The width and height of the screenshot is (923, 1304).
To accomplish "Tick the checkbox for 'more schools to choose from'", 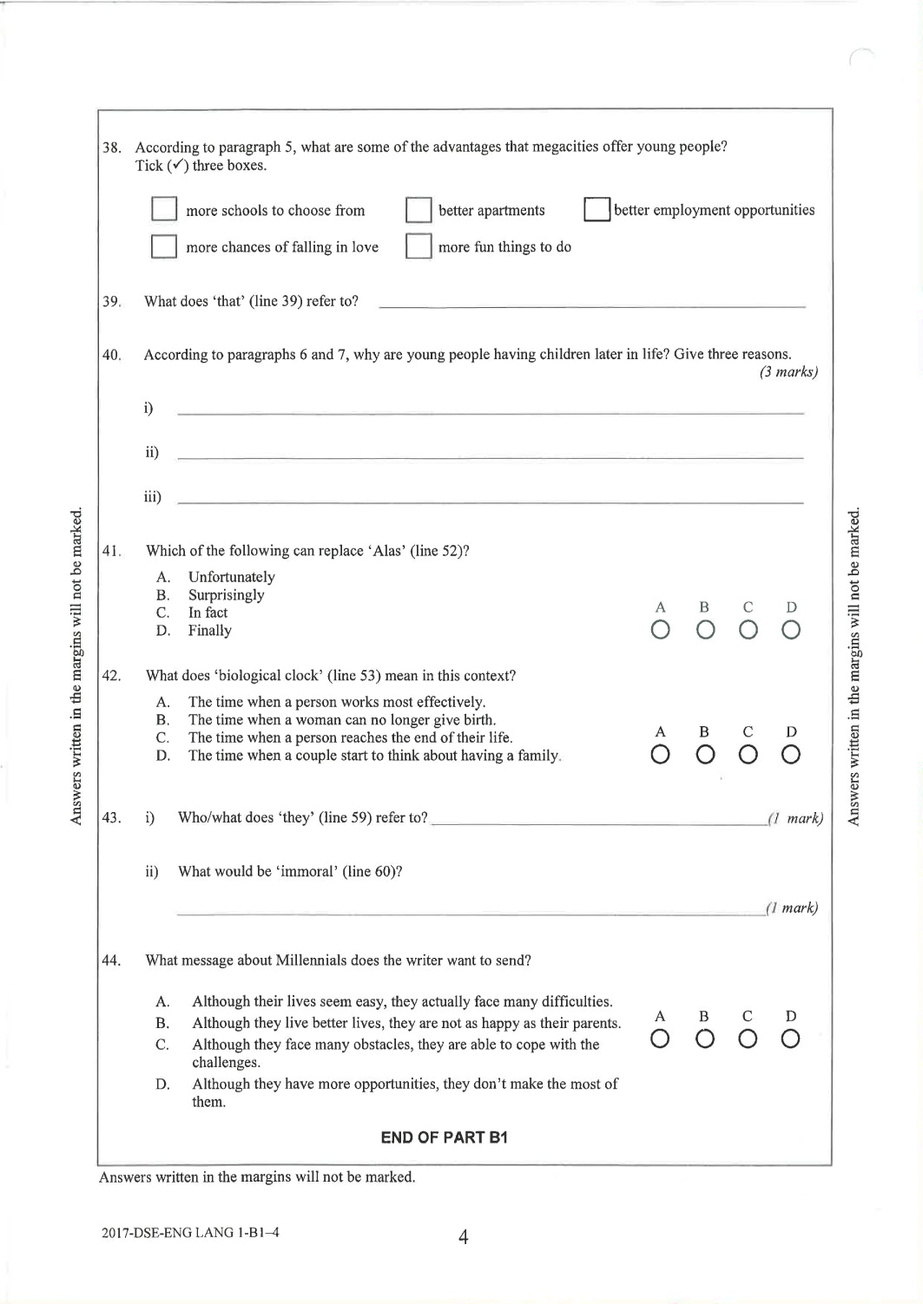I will [164, 210].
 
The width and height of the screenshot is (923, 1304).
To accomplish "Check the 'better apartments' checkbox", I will [419, 210].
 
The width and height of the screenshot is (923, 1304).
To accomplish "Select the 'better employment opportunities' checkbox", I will [597, 210].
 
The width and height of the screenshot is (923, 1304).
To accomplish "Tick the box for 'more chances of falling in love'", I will [164, 246].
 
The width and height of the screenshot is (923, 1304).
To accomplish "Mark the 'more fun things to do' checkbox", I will [419, 246].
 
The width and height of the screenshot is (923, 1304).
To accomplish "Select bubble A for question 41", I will [660, 631].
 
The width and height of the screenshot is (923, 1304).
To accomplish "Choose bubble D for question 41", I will [790, 631].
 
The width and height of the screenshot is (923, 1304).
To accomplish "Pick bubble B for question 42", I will [704, 756].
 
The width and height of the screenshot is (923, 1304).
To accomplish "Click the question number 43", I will [111, 818].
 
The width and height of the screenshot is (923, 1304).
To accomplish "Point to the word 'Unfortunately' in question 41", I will [231, 577].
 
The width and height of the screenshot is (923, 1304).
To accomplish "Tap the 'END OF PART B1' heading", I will [444, 1137].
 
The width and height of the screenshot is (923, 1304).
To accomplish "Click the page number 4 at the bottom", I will [463, 1237].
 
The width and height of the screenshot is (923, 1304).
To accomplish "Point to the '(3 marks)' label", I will [788, 372].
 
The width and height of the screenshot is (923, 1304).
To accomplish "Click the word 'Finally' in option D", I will [209, 631].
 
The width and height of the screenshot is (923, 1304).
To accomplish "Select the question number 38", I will [112, 147].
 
